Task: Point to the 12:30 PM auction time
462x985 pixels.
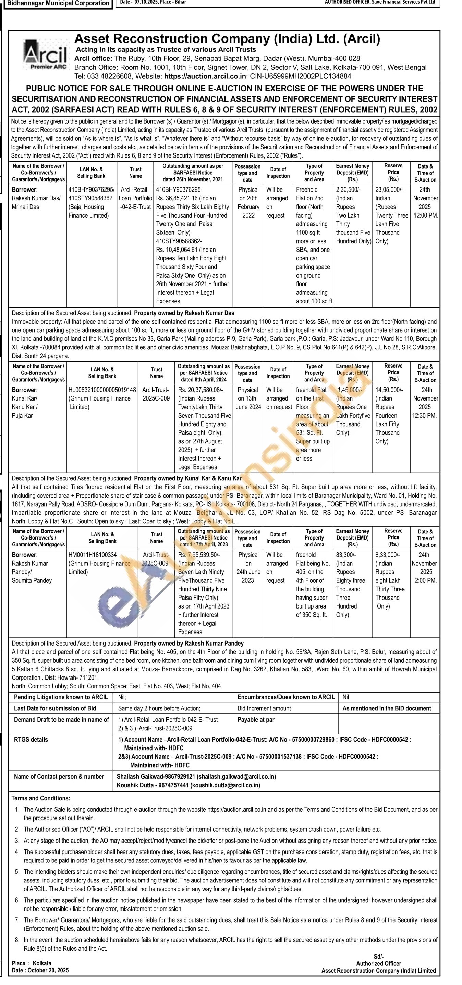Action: (x=424, y=416)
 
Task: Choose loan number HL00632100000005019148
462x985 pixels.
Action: (x=102, y=390)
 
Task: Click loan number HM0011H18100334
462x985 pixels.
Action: (x=93, y=555)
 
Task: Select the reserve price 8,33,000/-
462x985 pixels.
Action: (x=388, y=555)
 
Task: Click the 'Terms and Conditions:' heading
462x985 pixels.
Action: (x=41, y=798)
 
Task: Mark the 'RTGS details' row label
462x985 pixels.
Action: (x=31, y=740)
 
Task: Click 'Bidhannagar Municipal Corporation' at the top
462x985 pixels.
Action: (x=58, y=4)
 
